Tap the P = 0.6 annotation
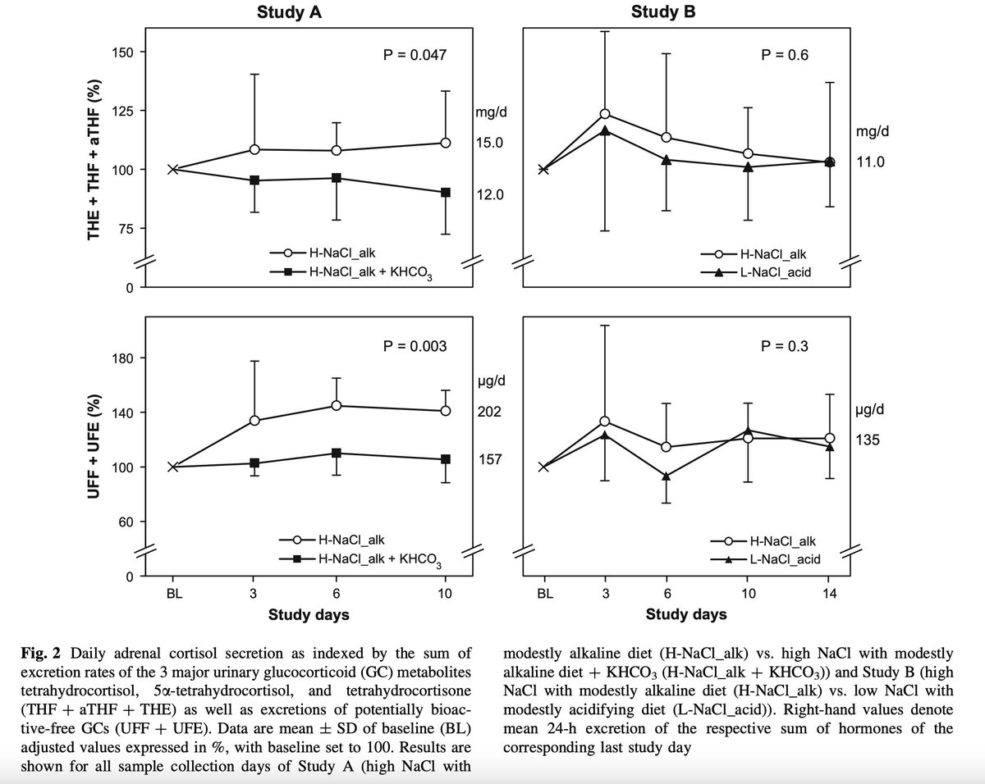pyautogui.click(x=785, y=56)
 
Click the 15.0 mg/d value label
pyautogui.click(x=489, y=144)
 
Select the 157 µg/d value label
pyautogui.click(x=489, y=458)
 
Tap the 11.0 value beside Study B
pyautogui.click(x=870, y=162)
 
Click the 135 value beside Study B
pyautogui.click(x=867, y=440)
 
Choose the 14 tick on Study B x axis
pyautogui.click(x=829, y=595)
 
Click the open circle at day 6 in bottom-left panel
pyautogui.click(x=337, y=406)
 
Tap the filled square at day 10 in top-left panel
pyautogui.click(x=446, y=192)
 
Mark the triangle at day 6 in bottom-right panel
pyautogui.click(x=667, y=476)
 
